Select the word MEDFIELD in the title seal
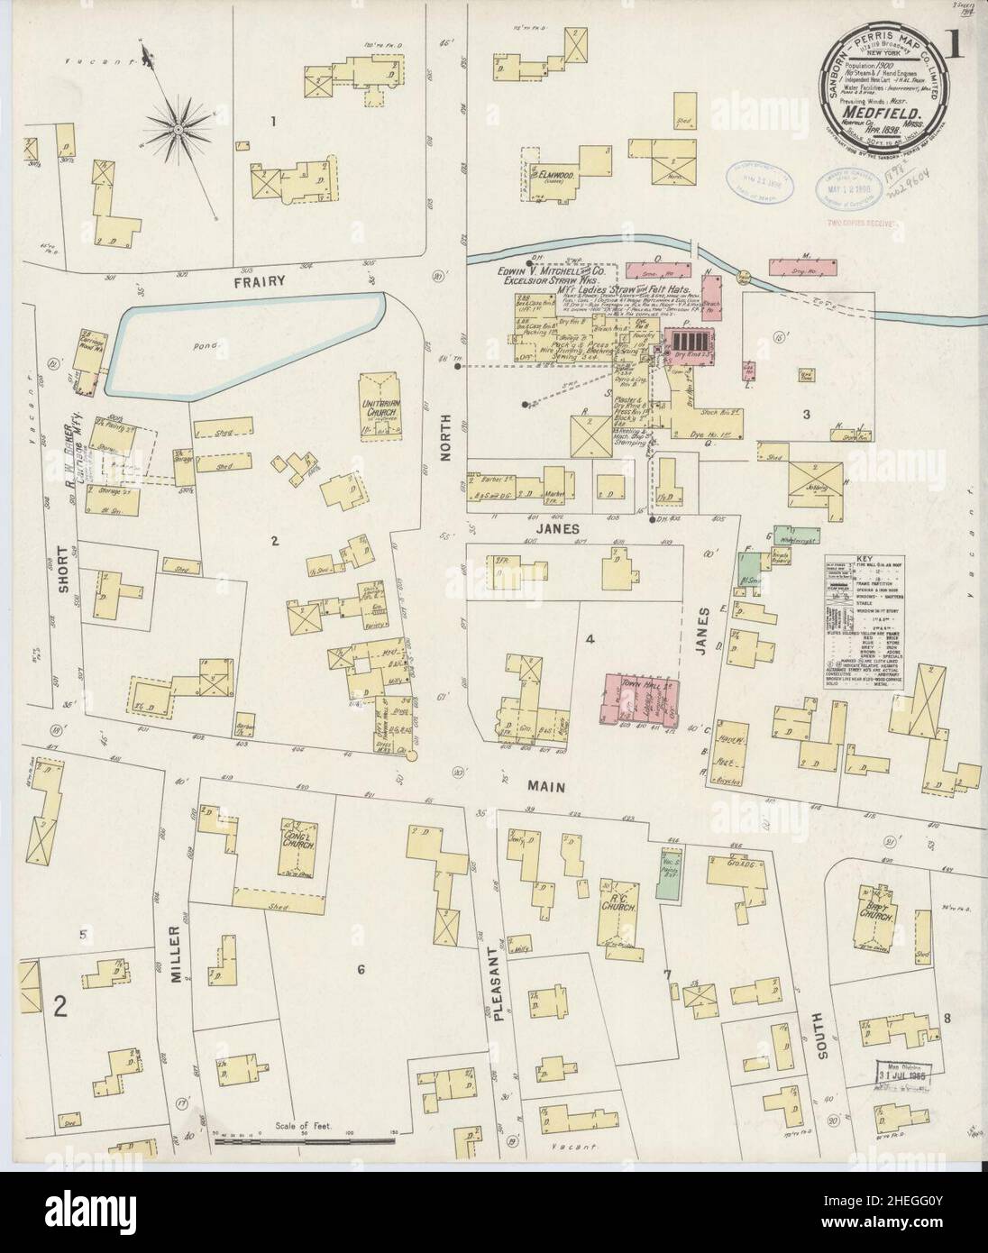pos(891,113)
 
